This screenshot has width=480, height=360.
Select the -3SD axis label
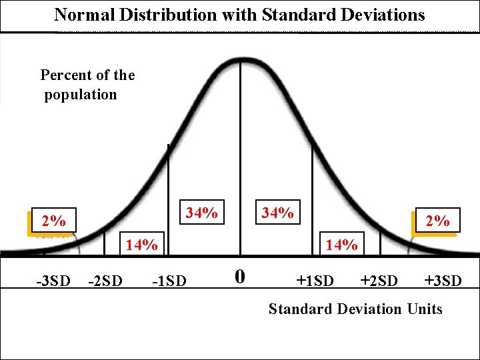tap(53, 281)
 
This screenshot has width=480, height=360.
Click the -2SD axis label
tap(105, 281)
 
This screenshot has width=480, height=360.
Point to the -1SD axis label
tap(170, 281)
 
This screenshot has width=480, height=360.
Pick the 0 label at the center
tap(241, 276)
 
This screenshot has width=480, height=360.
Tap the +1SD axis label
tap(315, 280)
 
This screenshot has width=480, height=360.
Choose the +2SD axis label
tap(379, 280)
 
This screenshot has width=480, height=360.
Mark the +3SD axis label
tap(443, 280)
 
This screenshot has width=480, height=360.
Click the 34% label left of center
tap(201, 213)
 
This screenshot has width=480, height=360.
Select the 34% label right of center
tap(277, 213)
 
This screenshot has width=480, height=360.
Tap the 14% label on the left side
tap(141, 245)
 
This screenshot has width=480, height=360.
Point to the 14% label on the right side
tap(341, 245)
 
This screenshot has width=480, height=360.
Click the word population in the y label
tap(81, 94)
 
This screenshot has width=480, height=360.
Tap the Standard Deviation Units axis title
tap(355, 309)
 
